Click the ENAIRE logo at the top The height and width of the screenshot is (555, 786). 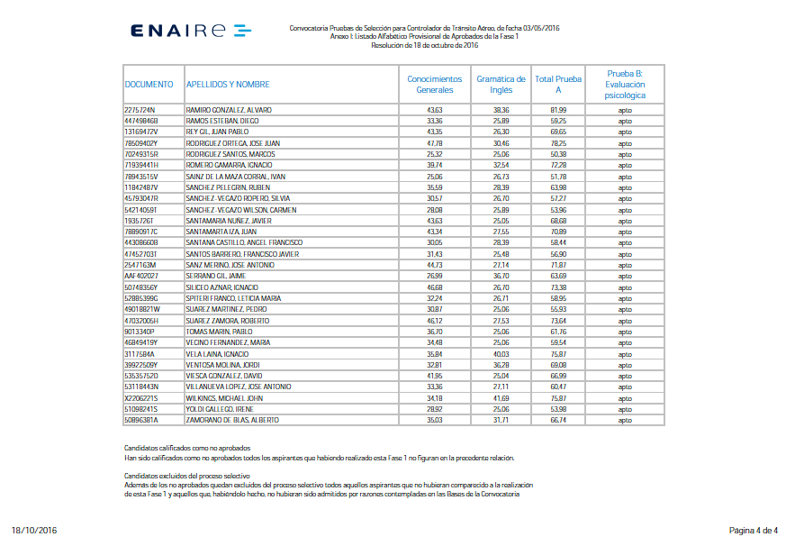[x=190, y=31]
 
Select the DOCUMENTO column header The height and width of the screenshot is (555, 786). [x=149, y=85]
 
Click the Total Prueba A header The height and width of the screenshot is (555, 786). [x=558, y=85]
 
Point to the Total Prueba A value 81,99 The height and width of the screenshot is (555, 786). [x=558, y=110]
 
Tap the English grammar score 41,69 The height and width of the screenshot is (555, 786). [x=501, y=397]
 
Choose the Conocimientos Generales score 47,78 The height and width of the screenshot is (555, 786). [x=435, y=143]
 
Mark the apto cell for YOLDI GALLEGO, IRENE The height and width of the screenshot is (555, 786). [x=625, y=408]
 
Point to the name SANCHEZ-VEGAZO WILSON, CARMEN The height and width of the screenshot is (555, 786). [x=240, y=210]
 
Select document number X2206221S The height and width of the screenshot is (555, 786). [x=141, y=397]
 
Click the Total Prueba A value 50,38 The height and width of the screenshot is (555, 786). [x=558, y=154]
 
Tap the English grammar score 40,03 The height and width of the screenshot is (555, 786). [x=501, y=353]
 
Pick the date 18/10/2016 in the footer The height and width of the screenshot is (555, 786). [x=34, y=530]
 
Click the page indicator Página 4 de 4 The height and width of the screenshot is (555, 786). [x=753, y=530]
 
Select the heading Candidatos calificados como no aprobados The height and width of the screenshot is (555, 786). [x=186, y=448]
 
